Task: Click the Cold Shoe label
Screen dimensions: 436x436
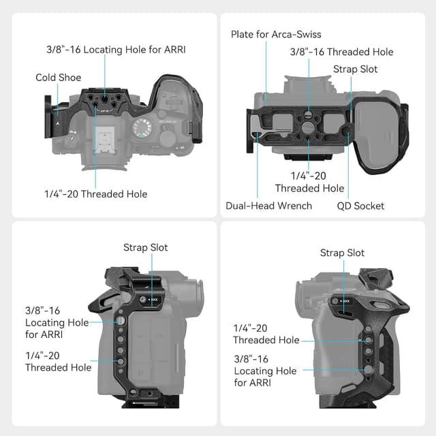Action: (x=58, y=78)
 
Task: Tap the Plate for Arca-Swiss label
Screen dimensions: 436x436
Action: (x=275, y=34)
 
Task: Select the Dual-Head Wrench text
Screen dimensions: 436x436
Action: (x=268, y=206)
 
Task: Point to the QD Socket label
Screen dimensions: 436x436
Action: (x=360, y=206)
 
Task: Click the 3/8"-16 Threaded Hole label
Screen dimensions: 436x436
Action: (x=341, y=52)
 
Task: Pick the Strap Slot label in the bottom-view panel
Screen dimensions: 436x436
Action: (x=355, y=69)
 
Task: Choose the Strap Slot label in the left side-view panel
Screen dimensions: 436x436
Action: (x=145, y=248)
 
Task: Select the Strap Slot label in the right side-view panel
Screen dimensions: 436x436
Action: (x=342, y=253)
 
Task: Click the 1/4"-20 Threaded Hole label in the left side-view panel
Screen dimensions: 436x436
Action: (x=58, y=361)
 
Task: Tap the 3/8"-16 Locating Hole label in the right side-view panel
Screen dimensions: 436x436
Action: (x=265, y=371)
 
